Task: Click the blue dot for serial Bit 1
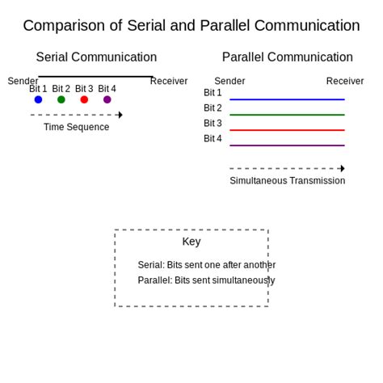38,99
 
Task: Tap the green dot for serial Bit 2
61,99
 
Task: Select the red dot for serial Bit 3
84,99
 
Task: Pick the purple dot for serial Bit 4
107,99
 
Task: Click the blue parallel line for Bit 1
287,99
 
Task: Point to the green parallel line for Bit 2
287,115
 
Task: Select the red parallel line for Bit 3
287,130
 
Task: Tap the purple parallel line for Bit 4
287,145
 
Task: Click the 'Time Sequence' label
76,127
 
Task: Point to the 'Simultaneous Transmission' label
287,180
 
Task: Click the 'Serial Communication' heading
96,57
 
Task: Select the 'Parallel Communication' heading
287,57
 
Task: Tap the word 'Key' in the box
191,242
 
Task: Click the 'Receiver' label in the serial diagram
169,81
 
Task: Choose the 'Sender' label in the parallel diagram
229,81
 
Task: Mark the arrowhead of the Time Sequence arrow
120,115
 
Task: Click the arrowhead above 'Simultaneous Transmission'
343,168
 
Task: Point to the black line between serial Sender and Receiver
95,77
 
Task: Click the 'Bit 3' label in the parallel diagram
213,124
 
